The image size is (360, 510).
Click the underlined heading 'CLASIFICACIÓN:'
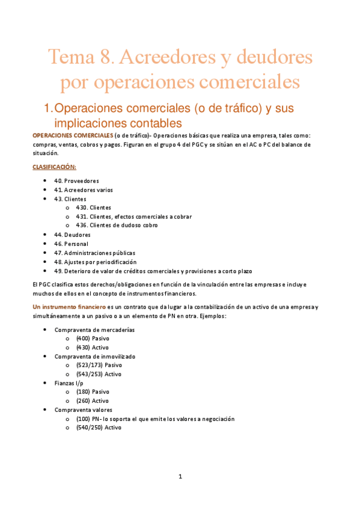click(x=54, y=167)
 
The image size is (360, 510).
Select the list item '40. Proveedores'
click(x=76, y=180)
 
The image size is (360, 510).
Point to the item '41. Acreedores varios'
click(x=83, y=189)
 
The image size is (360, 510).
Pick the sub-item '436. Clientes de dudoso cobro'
click(x=117, y=226)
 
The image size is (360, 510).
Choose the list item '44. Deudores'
click(x=72, y=235)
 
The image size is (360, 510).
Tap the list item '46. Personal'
click(x=71, y=244)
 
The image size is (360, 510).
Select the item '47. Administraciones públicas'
click(x=94, y=253)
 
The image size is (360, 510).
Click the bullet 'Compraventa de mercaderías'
click(x=94, y=330)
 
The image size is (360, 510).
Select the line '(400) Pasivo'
click(x=93, y=339)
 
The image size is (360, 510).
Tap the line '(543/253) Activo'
click(x=99, y=374)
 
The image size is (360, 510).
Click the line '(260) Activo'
click(x=93, y=401)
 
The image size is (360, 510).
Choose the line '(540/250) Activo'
click(x=99, y=428)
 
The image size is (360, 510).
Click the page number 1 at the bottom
click(x=180, y=477)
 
